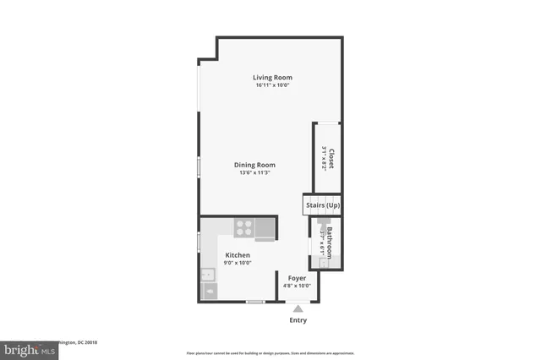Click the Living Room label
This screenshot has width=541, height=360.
click(272, 78)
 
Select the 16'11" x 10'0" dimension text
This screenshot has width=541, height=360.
click(272, 85)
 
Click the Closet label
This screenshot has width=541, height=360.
click(331, 159)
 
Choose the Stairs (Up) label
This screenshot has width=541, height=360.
click(323, 205)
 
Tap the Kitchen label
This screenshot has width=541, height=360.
click(237, 255)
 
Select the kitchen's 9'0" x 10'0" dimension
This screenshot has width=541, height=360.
click(237, 263)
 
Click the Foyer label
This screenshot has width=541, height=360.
click(297, 278)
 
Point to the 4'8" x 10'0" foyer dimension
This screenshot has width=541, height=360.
click(297, 286)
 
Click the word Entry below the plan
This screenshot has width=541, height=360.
click(298, 320)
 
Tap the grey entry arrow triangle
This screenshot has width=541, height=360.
click(298, 308)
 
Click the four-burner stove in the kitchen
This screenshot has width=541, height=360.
click(243, 227)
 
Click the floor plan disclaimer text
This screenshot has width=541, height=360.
click(270, 352)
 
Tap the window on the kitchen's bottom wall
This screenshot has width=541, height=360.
click(254, 302)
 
